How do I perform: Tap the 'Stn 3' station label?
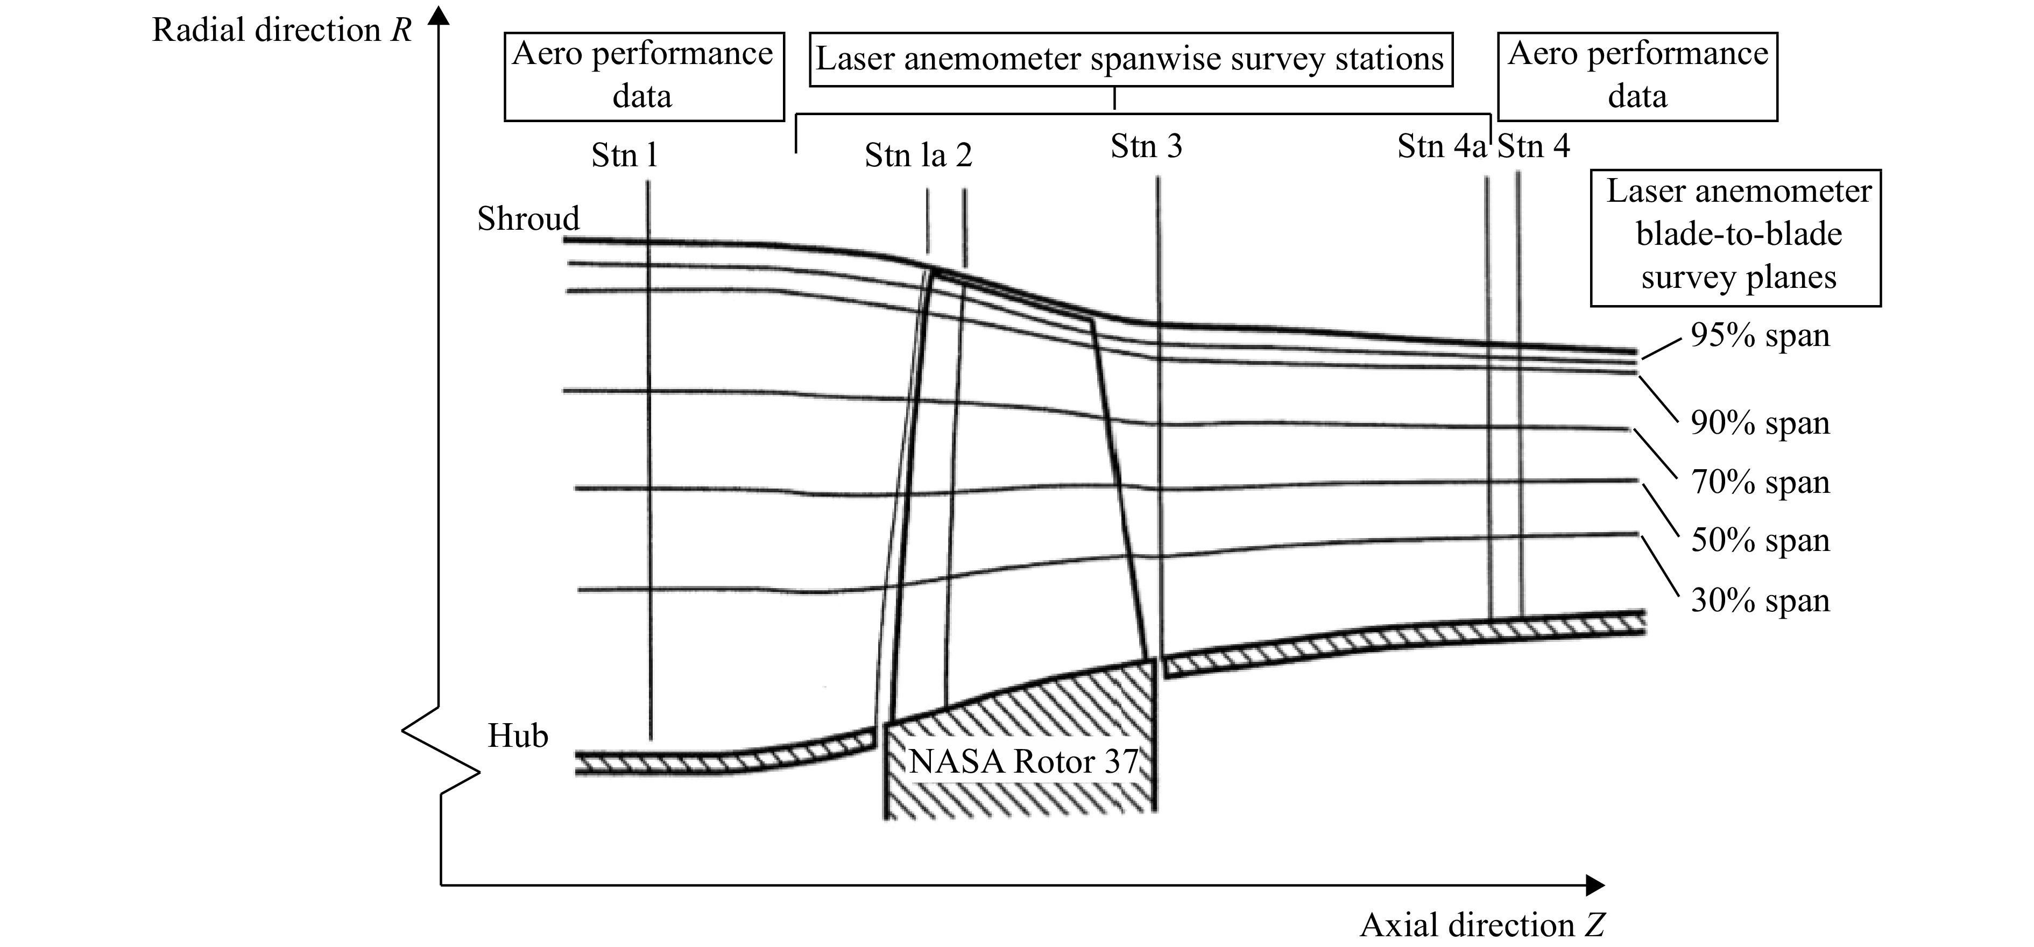click(x=1147, y=146)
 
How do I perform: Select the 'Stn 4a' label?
click(x=1442, y=146)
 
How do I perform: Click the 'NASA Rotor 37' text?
click(x=1023, y=761)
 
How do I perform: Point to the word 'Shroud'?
click(x=528, y=218)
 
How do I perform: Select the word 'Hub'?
click(x=518, y=736)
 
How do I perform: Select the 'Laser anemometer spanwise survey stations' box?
click(x=1131, y=59)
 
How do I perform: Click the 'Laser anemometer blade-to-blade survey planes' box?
click(x=1735, y=238)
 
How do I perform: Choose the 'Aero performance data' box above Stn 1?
click(x=644, y=76)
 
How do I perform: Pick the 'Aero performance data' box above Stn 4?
click(x=1637, y=76)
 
